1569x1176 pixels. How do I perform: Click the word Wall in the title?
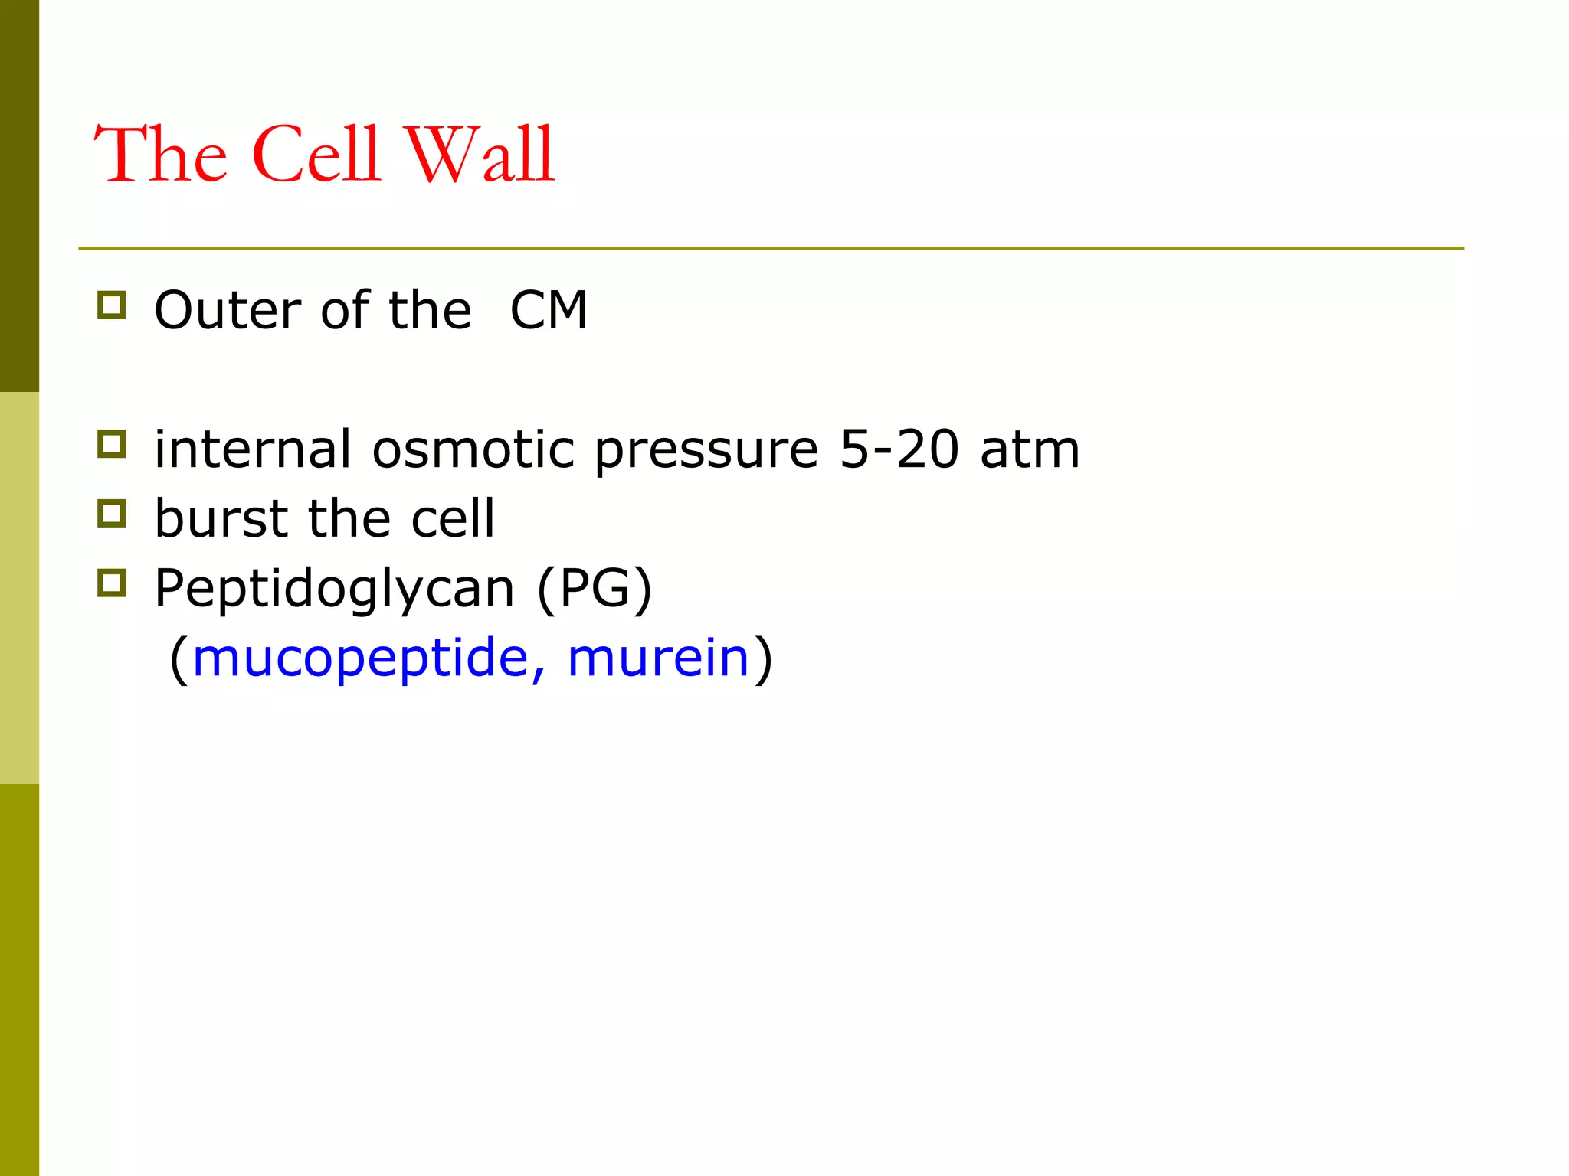point(479,155)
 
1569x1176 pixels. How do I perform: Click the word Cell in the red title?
point(316,155)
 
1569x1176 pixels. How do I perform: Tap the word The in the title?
point(161,155)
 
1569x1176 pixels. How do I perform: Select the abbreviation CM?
point(549,311)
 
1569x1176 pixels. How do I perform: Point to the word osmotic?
point(473,449)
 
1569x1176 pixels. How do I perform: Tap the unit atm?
point(1030,449)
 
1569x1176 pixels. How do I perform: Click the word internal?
point(253,449)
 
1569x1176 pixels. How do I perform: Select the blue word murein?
point(657,658)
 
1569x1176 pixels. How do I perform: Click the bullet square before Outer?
point(112,305)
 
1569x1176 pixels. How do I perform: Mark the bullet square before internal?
point(112,444)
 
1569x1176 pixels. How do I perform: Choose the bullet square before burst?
point(112,514)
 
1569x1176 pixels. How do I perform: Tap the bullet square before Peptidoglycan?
point(112,583)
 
